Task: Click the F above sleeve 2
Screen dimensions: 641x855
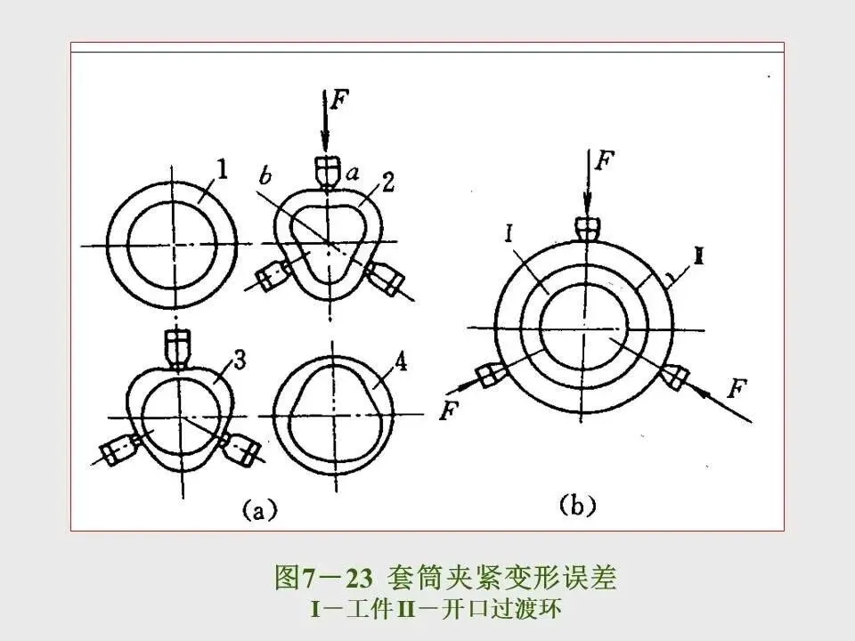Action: coord(339,98)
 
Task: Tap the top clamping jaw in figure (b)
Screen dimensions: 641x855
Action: coord(588,228)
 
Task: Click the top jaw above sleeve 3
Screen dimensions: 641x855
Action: coord(179,347)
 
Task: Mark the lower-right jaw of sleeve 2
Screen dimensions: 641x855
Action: coord(385,278)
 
